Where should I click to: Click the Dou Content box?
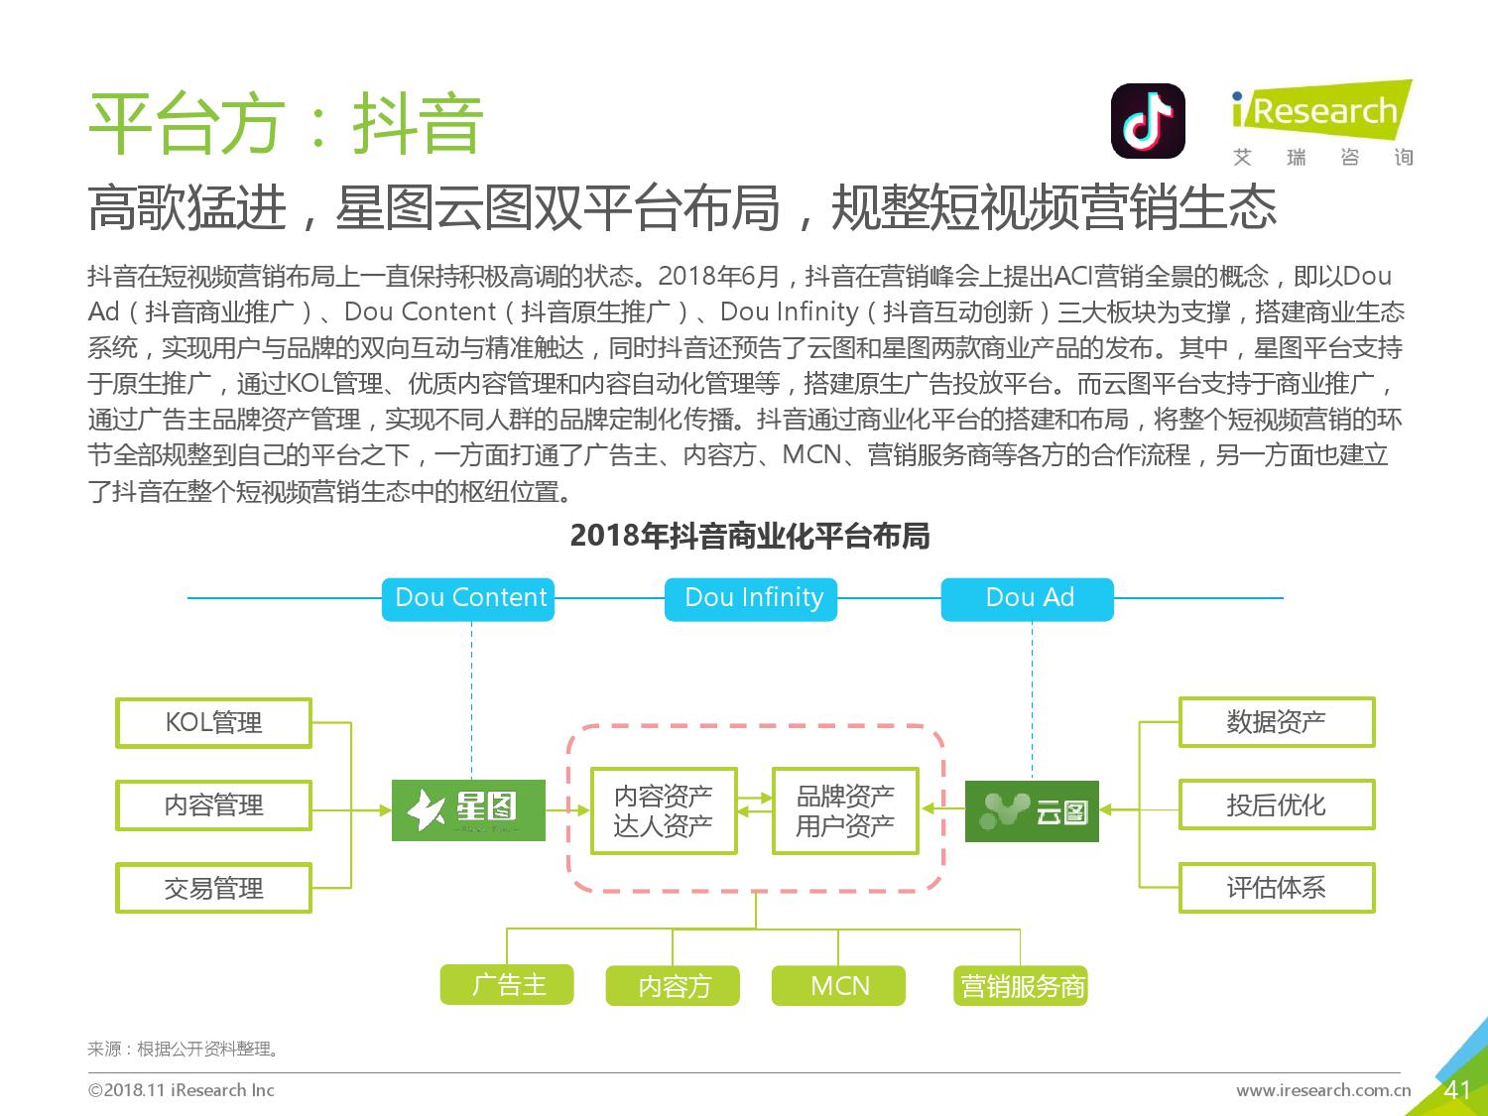[468, 599]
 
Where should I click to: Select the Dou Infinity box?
[750, 599]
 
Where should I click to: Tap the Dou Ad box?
[1027, 599]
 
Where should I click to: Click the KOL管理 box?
[213, 723]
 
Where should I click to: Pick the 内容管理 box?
[213, 806]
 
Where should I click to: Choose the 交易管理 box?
[213, 888]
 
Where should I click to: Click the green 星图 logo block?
[468, 810]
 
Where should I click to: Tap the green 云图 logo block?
[1032, 811]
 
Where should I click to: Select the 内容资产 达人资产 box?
[664, 810]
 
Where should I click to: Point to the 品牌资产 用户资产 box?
[845, 810]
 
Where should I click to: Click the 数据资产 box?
[1277, 722]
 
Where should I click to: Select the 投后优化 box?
[1277, 805]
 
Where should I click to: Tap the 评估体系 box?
[1277, 888]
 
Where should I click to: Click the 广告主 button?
[507, 985]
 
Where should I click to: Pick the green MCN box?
[838, 986]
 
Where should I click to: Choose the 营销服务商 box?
[1021, 986]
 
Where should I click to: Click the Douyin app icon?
[1149, 121]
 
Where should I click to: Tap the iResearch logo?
[1322, 123]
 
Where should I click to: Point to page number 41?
[1457, 1090]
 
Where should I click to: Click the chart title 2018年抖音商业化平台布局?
[750, 536]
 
